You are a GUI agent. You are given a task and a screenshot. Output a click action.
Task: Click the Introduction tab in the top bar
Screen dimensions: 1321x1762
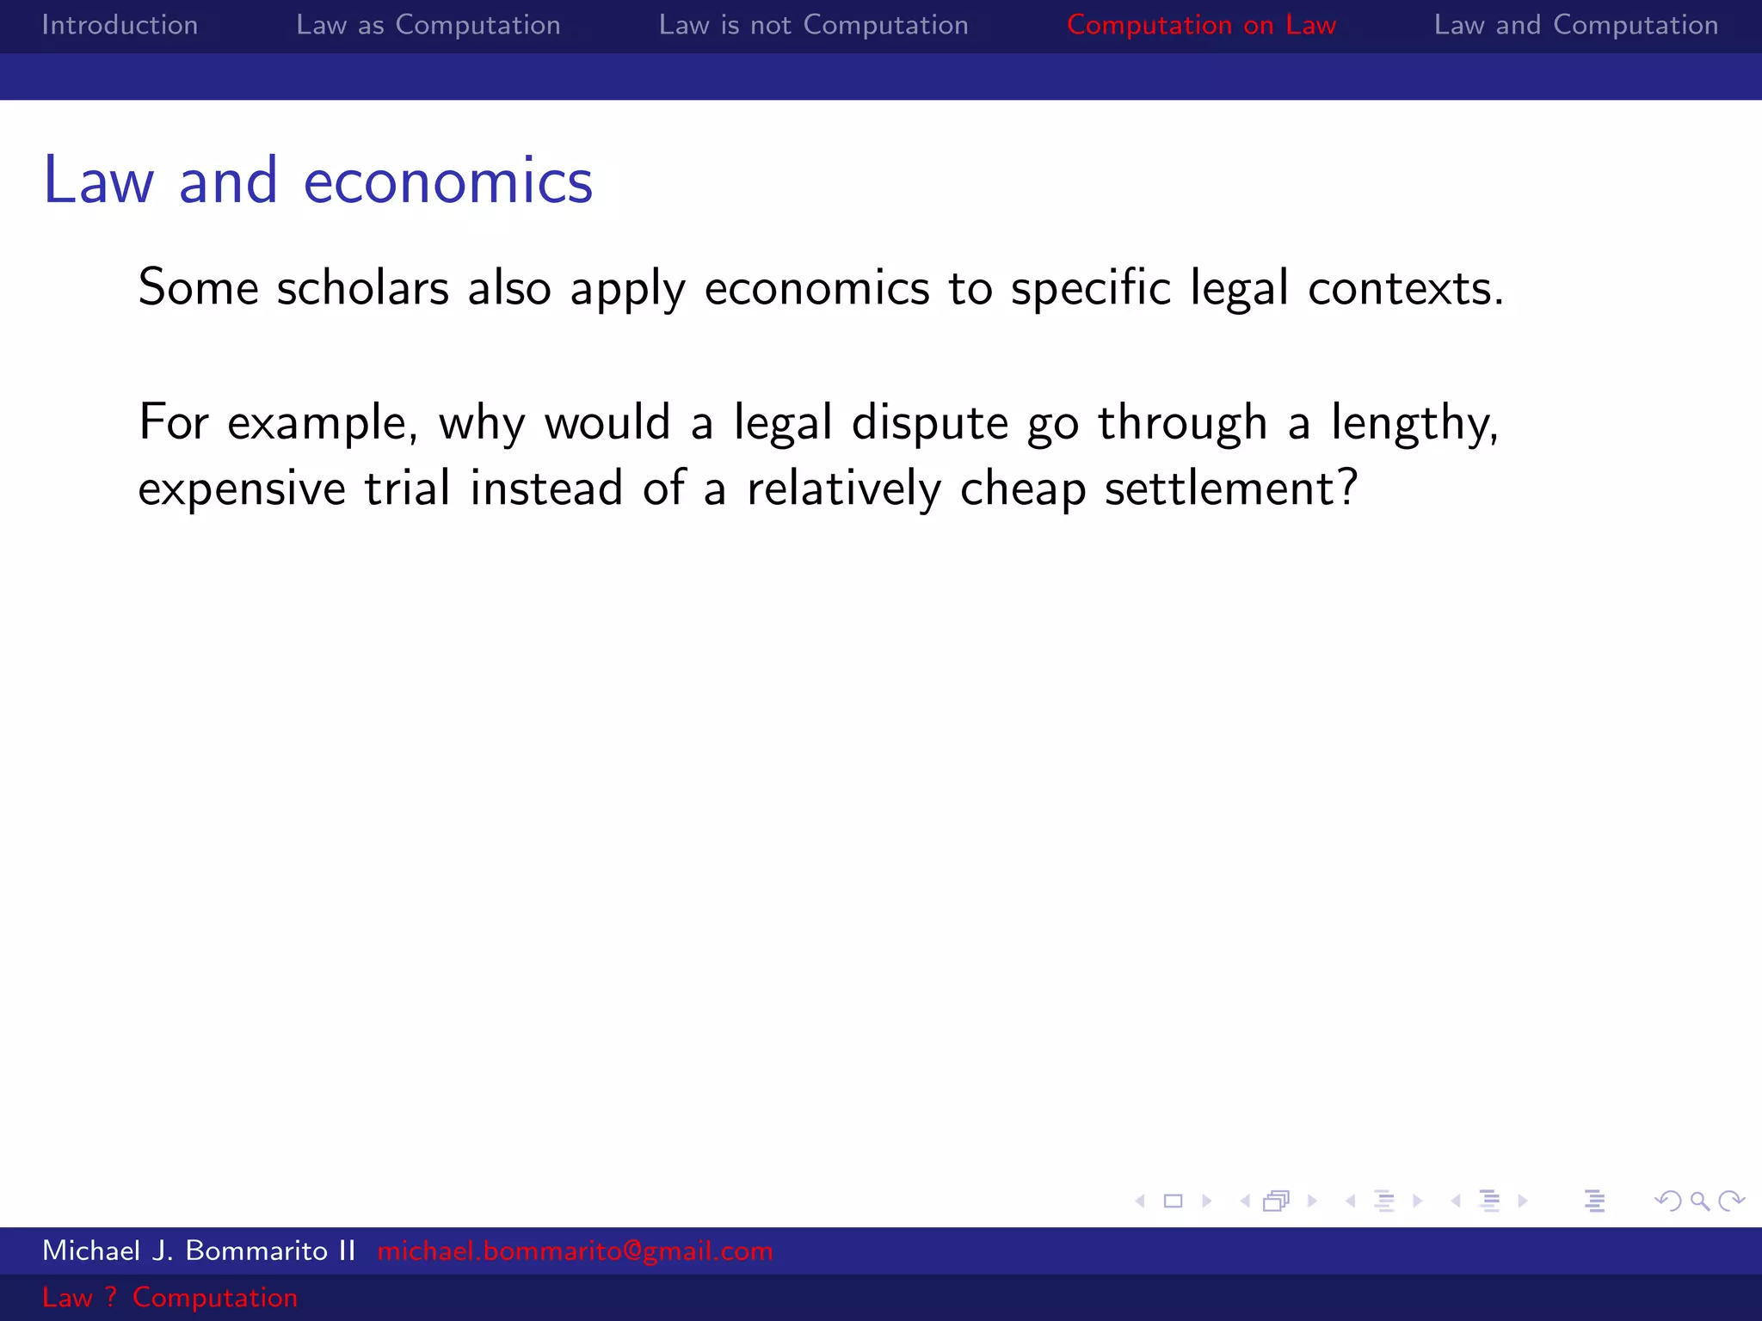coord(120,25)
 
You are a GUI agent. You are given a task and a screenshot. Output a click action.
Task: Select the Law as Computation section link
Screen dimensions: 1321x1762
coord(428,25)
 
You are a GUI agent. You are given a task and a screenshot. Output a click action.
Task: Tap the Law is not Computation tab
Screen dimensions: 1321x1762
coord(813,25)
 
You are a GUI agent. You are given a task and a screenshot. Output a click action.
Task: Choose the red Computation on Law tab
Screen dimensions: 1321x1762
coord(1201,25)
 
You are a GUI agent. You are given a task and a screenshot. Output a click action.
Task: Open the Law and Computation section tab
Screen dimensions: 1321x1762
coord(1575,25)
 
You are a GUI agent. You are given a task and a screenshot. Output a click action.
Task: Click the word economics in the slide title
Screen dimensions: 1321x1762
coord(447,181)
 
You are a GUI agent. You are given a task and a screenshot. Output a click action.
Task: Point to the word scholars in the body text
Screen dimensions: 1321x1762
coord(362,288)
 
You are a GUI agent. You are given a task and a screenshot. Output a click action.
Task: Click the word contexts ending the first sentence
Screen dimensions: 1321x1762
coord(1405,288)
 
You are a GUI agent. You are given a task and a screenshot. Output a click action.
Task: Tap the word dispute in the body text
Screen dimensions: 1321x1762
coord(929,423)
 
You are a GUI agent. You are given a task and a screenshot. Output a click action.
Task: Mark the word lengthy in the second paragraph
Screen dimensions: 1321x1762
coord(1414,423)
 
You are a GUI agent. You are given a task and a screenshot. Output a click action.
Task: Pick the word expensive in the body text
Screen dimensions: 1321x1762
coord(242,489)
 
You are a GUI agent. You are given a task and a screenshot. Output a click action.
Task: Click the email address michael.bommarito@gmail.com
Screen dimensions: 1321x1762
coord(575,1250)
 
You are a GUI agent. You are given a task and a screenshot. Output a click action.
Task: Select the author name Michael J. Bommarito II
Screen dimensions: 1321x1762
coord(199,1250)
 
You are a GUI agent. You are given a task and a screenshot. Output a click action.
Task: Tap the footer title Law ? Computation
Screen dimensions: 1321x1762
coord(169,1297)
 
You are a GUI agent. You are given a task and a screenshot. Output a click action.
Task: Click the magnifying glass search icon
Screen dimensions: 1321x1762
coord(1699,1201)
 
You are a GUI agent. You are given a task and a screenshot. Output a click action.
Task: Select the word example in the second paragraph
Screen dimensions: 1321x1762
coord(322,423)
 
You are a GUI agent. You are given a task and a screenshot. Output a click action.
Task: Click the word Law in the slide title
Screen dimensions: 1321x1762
coord(99,181)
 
